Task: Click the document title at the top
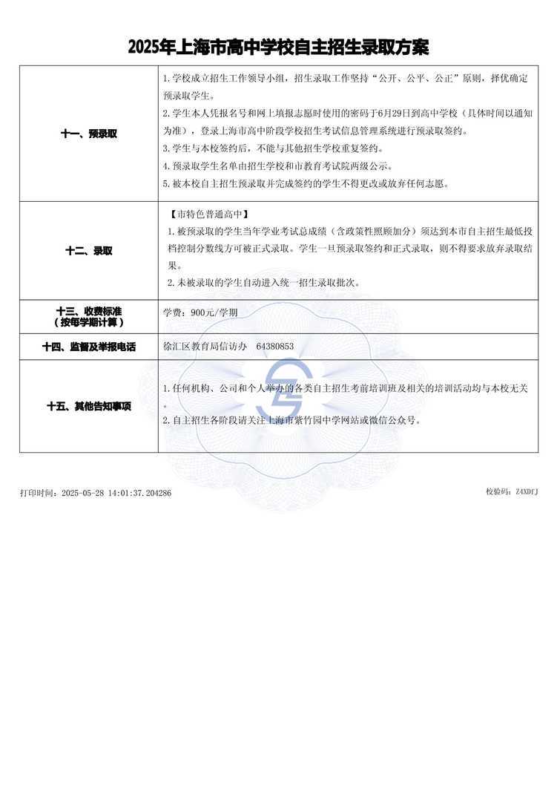(x=278, y=48)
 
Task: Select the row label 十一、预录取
(x=88, y=134)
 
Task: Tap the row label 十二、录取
(x=88, y=251)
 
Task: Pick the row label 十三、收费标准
(x=88, y=312)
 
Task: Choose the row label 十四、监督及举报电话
(x=88, y=347)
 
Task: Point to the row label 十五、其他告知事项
(x=88, y=406)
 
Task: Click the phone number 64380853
(x=274, y=347)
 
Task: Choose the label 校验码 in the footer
(x=496, y=491)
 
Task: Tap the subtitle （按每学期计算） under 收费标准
(x=88, y=322)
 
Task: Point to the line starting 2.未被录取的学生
(x=263, y=284)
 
